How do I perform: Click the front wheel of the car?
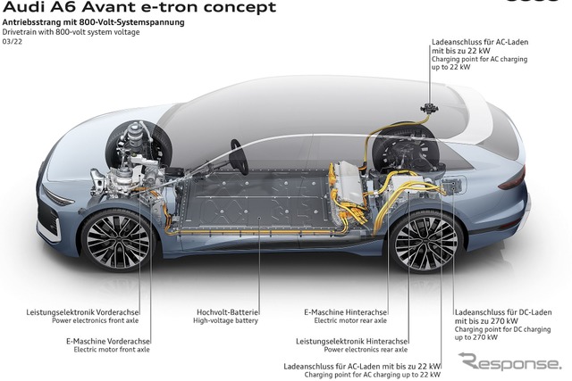click(x=118, y=240)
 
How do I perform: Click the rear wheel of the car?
click(x=425, y=242)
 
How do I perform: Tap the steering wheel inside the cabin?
click(x=240, y=157)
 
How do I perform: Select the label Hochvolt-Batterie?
click(x=228, y=312)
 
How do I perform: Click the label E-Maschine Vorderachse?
click(x=108, y=342)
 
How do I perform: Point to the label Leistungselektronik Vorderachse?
click(x=82, y=312)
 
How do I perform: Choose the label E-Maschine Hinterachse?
click(x=346, y=312)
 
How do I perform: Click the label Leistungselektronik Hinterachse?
click(x=351, y=342)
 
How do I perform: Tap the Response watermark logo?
click(x=509, y=361)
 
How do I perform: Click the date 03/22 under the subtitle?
click(x=12, y=42)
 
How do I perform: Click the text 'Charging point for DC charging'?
click(x=502, y=329)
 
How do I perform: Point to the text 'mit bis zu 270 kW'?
click(x=486, y=321)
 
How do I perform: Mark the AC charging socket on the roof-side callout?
click(x=429, y=108)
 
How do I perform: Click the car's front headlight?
click(x=57, y=197)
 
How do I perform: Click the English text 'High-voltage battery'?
click(x=225, y=320)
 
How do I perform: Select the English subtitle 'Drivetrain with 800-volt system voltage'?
click(x=71, y=32)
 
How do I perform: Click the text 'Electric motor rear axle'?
click(x=350, y=320)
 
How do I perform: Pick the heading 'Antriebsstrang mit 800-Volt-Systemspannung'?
click(x=93, y=22)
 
